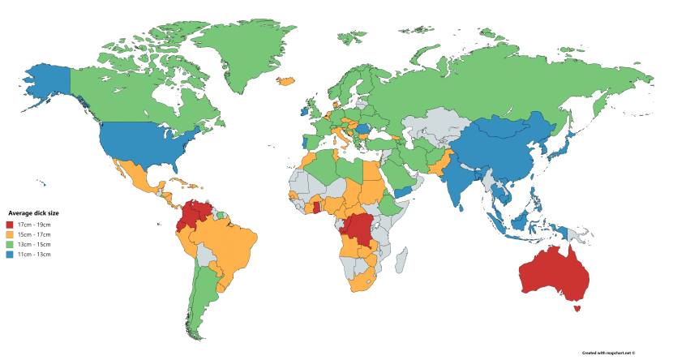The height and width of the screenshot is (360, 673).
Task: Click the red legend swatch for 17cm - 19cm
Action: click(x=9, y=224)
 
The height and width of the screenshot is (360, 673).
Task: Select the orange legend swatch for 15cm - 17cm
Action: click(x=9, y=234)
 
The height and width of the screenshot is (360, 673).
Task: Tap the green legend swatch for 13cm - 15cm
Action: click(x=9, y=244)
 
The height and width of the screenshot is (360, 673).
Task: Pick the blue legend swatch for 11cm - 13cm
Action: click(x=9, y=255)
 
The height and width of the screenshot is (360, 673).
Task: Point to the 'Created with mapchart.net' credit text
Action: click(x=608, y=353)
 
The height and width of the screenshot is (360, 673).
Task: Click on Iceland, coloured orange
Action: click(x=285, y=81)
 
